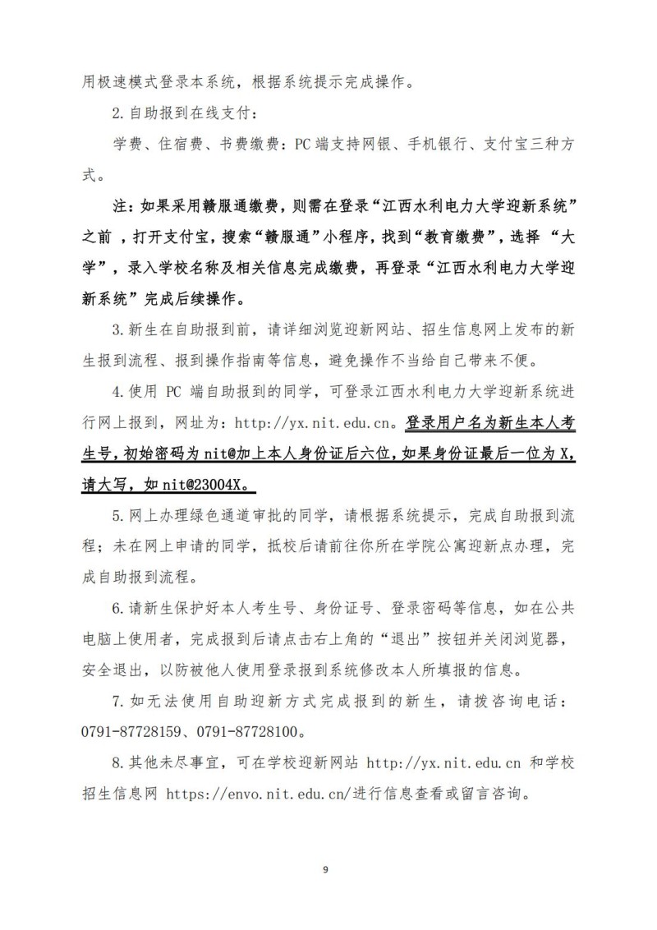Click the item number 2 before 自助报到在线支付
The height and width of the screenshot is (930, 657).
(x=116, y=113)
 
